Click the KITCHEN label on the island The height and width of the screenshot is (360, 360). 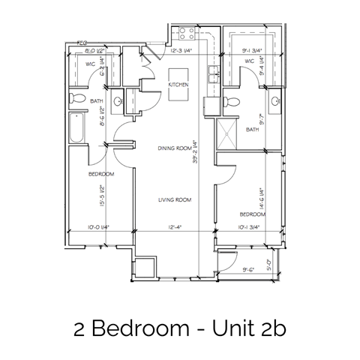pos(178,85)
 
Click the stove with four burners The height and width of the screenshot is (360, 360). pos(184,33)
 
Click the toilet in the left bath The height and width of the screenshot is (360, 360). pos(76,97)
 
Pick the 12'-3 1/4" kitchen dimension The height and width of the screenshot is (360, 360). pos(183,51)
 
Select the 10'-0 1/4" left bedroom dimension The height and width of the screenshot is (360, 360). pos(97,227)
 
